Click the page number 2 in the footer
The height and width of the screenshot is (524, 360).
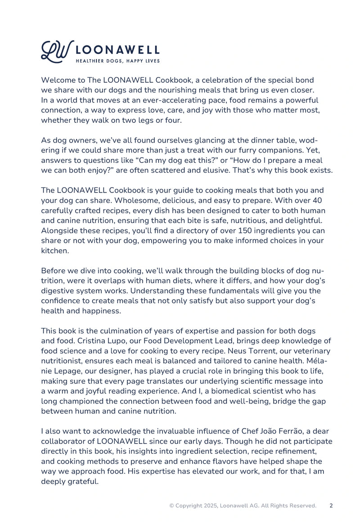[x=331, y=506]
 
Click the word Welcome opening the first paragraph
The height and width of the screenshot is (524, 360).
[x=57, y=80]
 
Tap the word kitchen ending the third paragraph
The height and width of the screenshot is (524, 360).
[x=54, y=251]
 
